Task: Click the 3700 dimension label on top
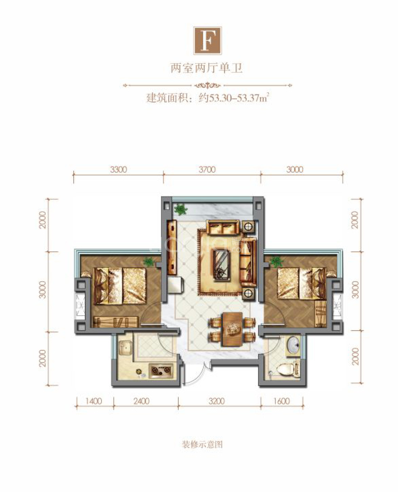(207, 170)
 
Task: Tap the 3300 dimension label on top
(118, 170)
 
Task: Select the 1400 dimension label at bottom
(94, 401)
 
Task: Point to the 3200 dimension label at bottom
(217, 401)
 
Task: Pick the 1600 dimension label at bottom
(282, 401)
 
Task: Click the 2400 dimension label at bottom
(141, 401)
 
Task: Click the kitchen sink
(125, 347)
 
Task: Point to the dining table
(232, 329)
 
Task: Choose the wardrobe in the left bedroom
(115, 322)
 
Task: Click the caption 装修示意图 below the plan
(202, 445)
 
